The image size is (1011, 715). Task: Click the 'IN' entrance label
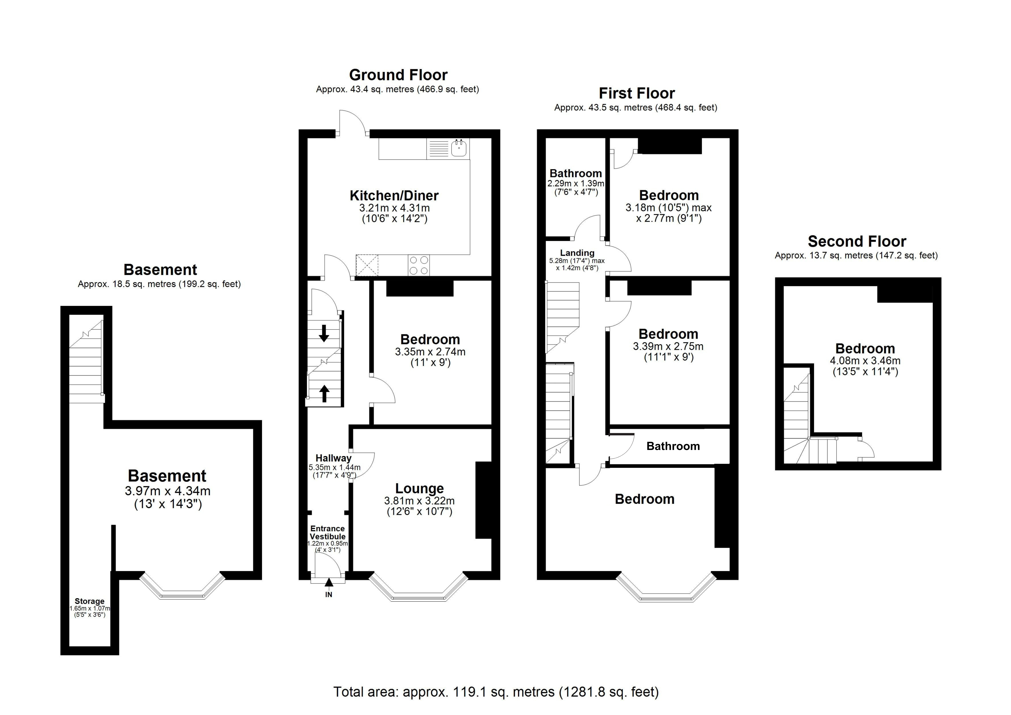[329, 594]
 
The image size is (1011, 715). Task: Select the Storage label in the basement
[89, 601]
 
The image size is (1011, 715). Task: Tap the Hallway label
[333, 458]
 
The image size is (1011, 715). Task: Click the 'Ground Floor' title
[398, 75]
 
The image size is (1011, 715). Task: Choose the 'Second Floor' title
[857, 241]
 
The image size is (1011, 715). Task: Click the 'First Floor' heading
[637, 93]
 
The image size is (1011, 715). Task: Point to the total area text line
[496, 692]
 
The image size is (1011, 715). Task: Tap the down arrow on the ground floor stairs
[324, 333]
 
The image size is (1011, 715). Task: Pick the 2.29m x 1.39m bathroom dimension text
[576, 183]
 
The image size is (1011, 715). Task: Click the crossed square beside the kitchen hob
[367, 265]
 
